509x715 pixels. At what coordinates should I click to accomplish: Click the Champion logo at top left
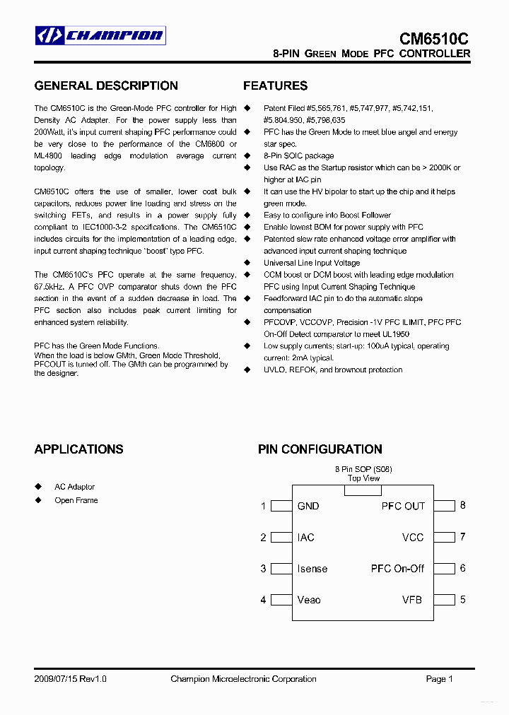coord(100,35)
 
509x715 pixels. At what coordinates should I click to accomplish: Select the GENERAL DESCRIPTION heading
coord(106,86)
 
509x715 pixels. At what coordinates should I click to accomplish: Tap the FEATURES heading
coord(275,86)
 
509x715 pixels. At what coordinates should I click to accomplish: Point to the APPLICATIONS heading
coord(78,449)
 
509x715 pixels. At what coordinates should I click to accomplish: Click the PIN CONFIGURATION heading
coord(320,449)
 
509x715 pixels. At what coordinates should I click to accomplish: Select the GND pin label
coord(308,506)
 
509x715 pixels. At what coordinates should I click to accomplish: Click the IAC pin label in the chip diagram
coord(305,538)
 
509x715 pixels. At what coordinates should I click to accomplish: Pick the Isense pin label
coord(312,569)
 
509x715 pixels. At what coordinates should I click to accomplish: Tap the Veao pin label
coord(309,600)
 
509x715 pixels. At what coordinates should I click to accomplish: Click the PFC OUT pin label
coord(403,506)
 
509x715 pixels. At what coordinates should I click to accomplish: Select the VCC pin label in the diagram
coord(413,538)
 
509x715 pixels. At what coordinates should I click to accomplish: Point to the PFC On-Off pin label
coord(397,569)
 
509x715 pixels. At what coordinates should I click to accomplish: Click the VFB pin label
coord(412,600)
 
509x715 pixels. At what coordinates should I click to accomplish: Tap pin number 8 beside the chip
coord(462,505)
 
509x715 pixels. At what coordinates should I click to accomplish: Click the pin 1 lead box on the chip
coord(282,506)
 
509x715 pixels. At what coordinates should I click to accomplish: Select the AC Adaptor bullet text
coord(74,487)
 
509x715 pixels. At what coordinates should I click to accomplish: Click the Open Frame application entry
coord(76,500)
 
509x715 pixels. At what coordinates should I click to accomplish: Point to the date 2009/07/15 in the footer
coord(56,679)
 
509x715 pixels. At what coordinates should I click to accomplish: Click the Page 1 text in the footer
coord(439,679)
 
